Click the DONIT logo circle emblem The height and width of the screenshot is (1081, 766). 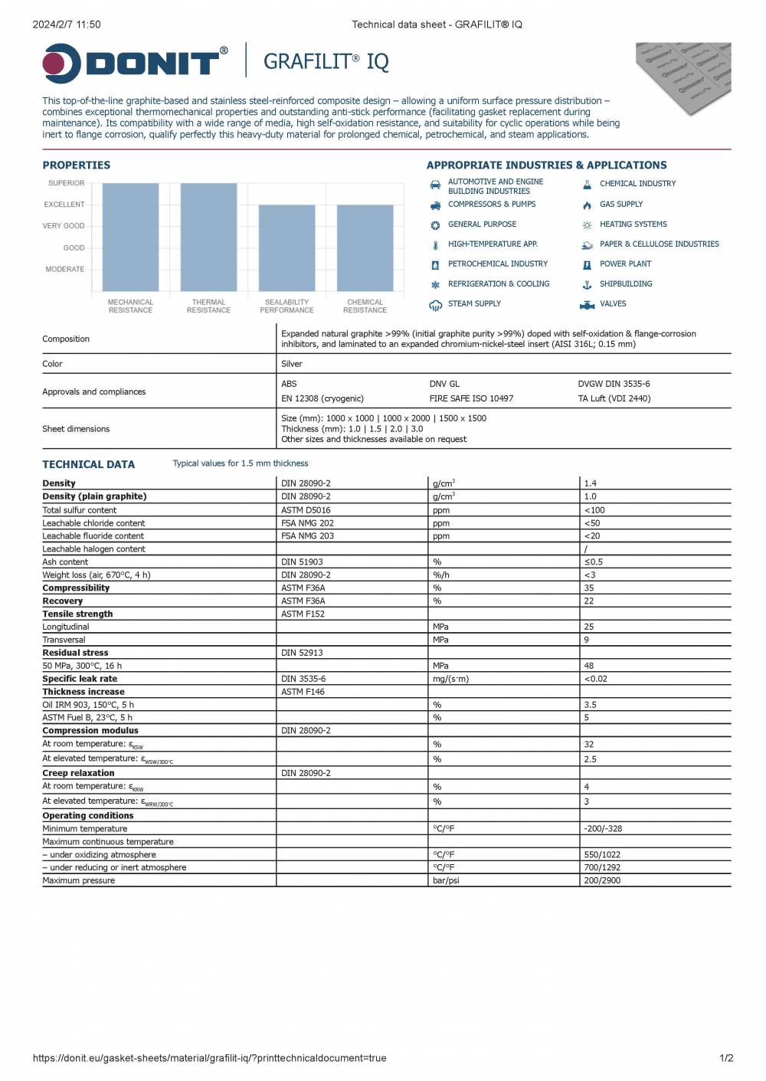[62, 64]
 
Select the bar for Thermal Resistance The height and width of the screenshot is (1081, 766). [208, 237]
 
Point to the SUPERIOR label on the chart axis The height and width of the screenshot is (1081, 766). [67, 183]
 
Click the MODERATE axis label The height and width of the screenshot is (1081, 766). [65, 269]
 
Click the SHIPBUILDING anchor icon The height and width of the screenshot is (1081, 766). [587, 284]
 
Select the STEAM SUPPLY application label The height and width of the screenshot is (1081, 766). [474, 304]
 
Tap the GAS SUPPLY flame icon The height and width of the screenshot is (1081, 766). [587, 205]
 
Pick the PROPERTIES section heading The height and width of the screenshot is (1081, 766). [77, 165]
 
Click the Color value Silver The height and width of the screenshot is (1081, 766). [292, 364]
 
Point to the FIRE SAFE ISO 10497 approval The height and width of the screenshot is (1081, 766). [471, 398]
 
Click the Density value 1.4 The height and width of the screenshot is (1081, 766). [590, 483]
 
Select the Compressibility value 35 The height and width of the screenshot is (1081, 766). [589, 588]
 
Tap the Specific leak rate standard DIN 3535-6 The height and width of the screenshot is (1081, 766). [303, 679]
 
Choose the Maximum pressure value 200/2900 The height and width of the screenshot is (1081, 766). [602, 881]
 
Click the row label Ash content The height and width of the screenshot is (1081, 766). [65, 562]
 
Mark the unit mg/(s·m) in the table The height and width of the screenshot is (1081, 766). [450, 679]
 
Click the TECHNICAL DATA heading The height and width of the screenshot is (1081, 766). [88, 464]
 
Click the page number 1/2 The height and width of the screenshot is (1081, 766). [726, 1058]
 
